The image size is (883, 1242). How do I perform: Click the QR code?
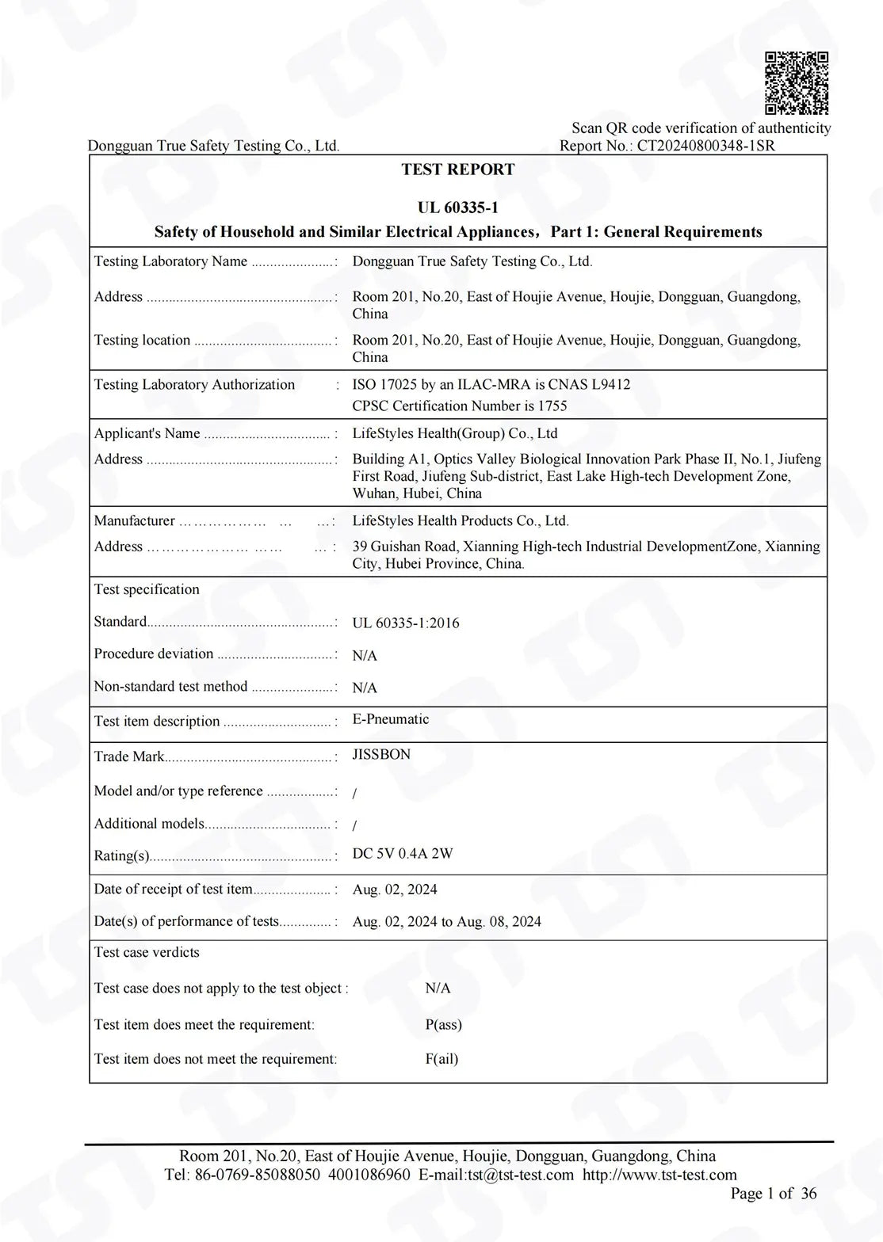[797, 83]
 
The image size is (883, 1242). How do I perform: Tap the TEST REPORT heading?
[457, 170]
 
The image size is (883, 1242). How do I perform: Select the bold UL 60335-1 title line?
[457, 208]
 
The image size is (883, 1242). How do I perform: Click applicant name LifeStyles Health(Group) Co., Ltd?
[454, 434]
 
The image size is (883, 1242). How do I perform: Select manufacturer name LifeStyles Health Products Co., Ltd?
[461, 521]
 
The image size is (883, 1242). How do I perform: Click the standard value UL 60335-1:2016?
[405, 623]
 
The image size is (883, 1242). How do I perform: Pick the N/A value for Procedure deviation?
[365, 656]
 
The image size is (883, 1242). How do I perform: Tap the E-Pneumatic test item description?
[390, 719]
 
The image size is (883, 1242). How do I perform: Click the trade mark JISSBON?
[381, 755]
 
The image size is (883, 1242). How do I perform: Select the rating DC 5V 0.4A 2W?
[403, 854]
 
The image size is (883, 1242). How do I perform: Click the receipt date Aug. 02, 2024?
[395, 890]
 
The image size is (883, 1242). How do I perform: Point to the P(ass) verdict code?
[443, 1025]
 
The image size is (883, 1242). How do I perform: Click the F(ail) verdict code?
[441, 1059]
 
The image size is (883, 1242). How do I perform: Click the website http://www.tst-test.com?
[659, 1175]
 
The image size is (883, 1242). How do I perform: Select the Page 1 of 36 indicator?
[773, 1194]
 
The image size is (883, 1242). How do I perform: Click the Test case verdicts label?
[147, 952]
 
